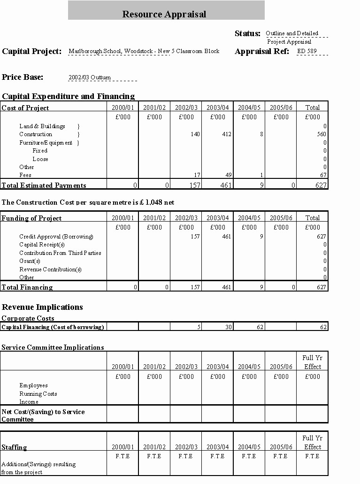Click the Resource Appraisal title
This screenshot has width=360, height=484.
coord(164,14)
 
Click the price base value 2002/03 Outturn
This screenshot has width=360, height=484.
coord(90,77)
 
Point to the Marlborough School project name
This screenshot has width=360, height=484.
coord(144,51)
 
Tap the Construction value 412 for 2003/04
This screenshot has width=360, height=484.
coord(227,134)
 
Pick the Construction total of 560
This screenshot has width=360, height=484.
coord(321,134)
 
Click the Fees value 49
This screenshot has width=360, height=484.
coord(228,175)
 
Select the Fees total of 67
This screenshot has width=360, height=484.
coord(322,175)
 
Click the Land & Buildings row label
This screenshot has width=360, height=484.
coord(42,126)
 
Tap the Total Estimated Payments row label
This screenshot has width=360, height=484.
coord(44,185)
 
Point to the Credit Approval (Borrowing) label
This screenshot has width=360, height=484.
coord(56,237)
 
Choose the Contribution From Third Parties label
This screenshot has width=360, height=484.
coord(60,253)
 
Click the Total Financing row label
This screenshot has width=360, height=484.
coord(27,287)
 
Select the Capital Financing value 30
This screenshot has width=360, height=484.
coord(228,327)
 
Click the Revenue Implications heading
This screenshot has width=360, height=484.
coord(42,307)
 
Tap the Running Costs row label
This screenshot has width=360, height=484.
coord(38,394)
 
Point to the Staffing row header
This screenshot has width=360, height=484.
coord(14,447)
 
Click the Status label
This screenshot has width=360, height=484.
coord(247,33)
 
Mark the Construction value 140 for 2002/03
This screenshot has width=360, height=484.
coord(195,134)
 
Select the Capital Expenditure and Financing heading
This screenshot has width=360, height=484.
coord(68,96)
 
